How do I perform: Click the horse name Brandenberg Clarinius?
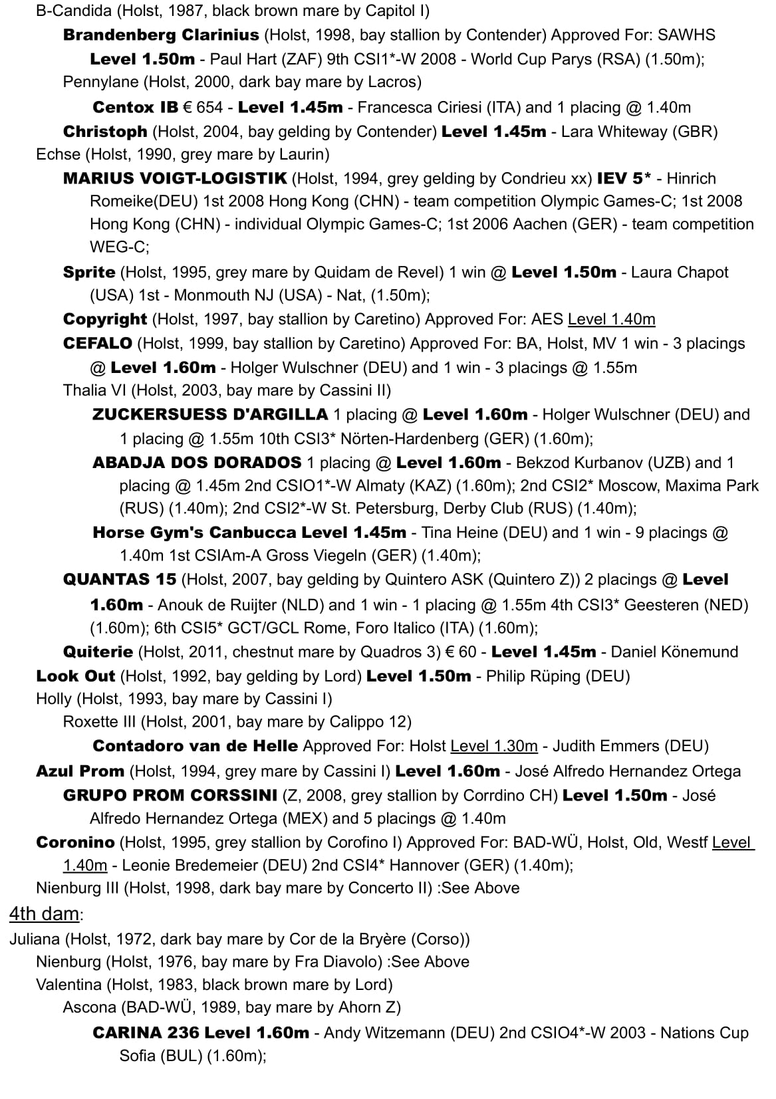tap(161, 35)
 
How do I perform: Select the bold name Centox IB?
tap(135, 107)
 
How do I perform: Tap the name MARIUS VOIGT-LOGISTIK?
tap(175, 178)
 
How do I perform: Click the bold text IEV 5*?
tap(623, 178)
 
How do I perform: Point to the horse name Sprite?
tap(89, 272)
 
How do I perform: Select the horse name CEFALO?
tap(98, 344)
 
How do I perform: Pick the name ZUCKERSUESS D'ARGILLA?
tap(210, 415)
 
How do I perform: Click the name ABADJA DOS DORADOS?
tap(197, 463)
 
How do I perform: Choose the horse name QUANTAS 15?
tap(120, 580)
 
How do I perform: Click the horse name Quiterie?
tap(98, 652)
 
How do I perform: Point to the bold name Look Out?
tap(75, 676)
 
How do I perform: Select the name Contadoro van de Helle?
tap(195, 746)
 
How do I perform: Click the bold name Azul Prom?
tap(80, 771)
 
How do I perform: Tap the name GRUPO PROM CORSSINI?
tap(170, 795)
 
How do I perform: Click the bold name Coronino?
tap(75, 842)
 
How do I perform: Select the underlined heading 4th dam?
tap(44, 914)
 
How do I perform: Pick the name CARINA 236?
tap(146, 1033)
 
